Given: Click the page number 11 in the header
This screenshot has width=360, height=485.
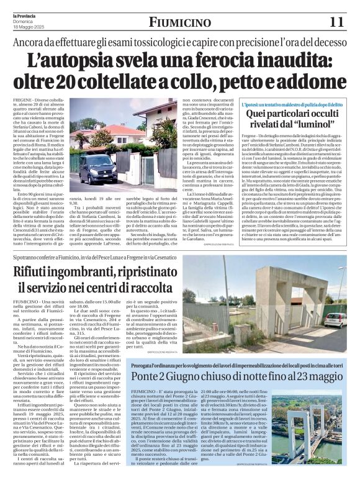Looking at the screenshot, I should point(336,22).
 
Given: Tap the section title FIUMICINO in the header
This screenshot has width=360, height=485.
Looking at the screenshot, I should point(179,23).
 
